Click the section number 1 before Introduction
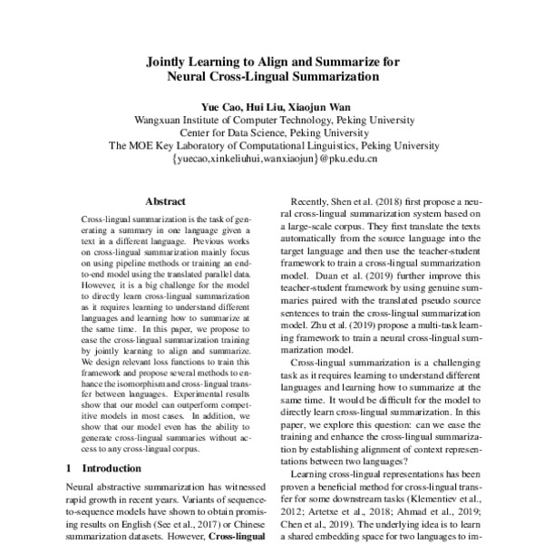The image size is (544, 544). (71, 469)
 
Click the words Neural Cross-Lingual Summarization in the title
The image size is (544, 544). (273, 77)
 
